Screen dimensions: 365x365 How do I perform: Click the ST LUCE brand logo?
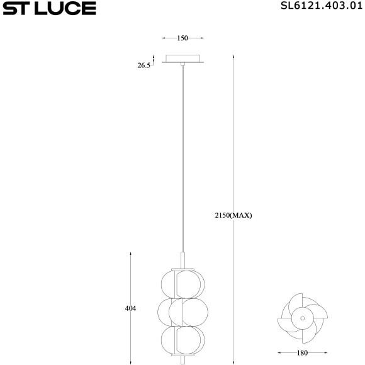(x=49, y=8)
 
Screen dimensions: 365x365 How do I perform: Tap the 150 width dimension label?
(x=182, y=38)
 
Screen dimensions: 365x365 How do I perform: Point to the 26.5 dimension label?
(x=144, y=65)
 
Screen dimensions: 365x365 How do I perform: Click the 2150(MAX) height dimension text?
(x=233, y=215)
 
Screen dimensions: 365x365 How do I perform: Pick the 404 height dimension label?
(x=131, y=308)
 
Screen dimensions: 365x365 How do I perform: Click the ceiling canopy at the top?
(x=182, y=59)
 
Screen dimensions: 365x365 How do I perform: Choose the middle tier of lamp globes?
(x=182, y=311)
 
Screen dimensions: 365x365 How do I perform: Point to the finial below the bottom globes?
(x=182, y=358)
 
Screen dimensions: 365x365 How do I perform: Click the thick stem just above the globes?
(x=182, y=259)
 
